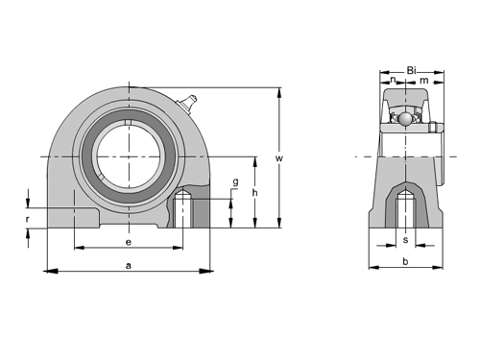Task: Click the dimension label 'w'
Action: (279, 158)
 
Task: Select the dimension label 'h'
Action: (255, 193)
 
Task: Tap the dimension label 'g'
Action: (235, 182)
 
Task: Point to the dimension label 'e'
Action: (129, 242)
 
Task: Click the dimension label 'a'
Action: (129, 266)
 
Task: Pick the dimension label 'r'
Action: (28, 219)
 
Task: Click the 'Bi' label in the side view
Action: (411, 70)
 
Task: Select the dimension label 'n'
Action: (393, 79)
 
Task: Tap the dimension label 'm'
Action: (424, 80)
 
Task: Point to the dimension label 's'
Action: (406, 240)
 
